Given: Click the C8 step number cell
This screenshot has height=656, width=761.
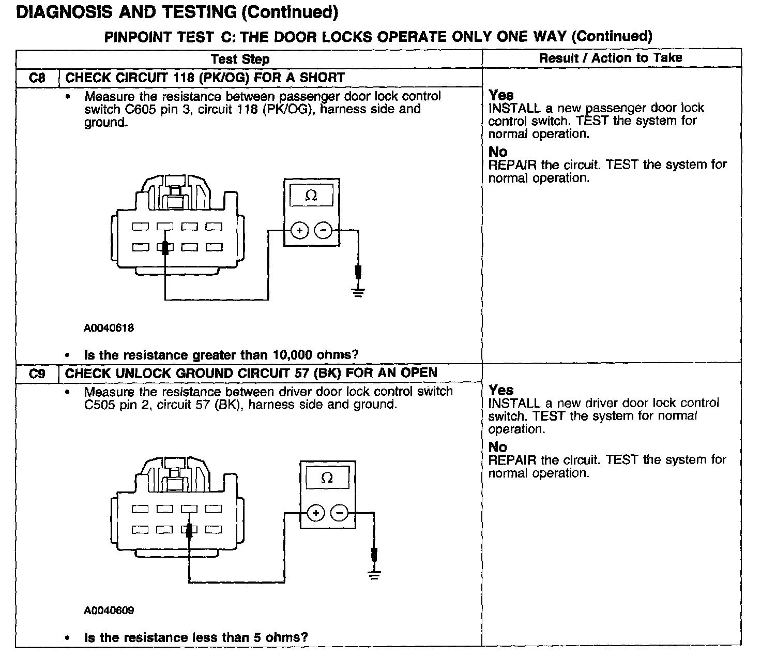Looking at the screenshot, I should [x=37, y=78].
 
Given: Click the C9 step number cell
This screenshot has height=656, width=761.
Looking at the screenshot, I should [x=37, y=374].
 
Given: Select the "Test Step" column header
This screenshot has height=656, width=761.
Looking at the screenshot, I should [x=240, y=59].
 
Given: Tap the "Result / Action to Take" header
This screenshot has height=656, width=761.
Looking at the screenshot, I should [x=611, y=58].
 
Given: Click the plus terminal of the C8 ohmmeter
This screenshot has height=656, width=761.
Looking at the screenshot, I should [x=299, y=230].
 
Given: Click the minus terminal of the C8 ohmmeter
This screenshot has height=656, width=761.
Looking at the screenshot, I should [x=323, y=230].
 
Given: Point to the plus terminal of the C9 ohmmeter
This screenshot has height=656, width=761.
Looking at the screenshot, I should [x=316, y=513].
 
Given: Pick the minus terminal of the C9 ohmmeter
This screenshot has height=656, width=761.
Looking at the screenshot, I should [x=340, y=513].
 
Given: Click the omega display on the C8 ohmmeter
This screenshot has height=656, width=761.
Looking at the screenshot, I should [x=311, y=196].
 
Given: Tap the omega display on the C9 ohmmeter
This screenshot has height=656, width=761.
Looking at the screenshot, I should [x=327, y=478].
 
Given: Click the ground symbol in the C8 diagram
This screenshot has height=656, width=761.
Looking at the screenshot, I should [x=358, y=293].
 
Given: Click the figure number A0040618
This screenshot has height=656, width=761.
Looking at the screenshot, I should [x=109, y=327].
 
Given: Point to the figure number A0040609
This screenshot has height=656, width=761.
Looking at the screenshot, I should [x=109, y=610].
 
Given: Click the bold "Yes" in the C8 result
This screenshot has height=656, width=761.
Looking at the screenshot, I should [x=501, y=95].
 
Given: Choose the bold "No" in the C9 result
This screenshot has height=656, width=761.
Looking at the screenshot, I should [x=498, y=447].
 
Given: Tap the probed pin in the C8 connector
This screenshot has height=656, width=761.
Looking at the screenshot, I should [x=165, y=248].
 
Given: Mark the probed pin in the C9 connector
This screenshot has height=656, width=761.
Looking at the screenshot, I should [x=189, y=530].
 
